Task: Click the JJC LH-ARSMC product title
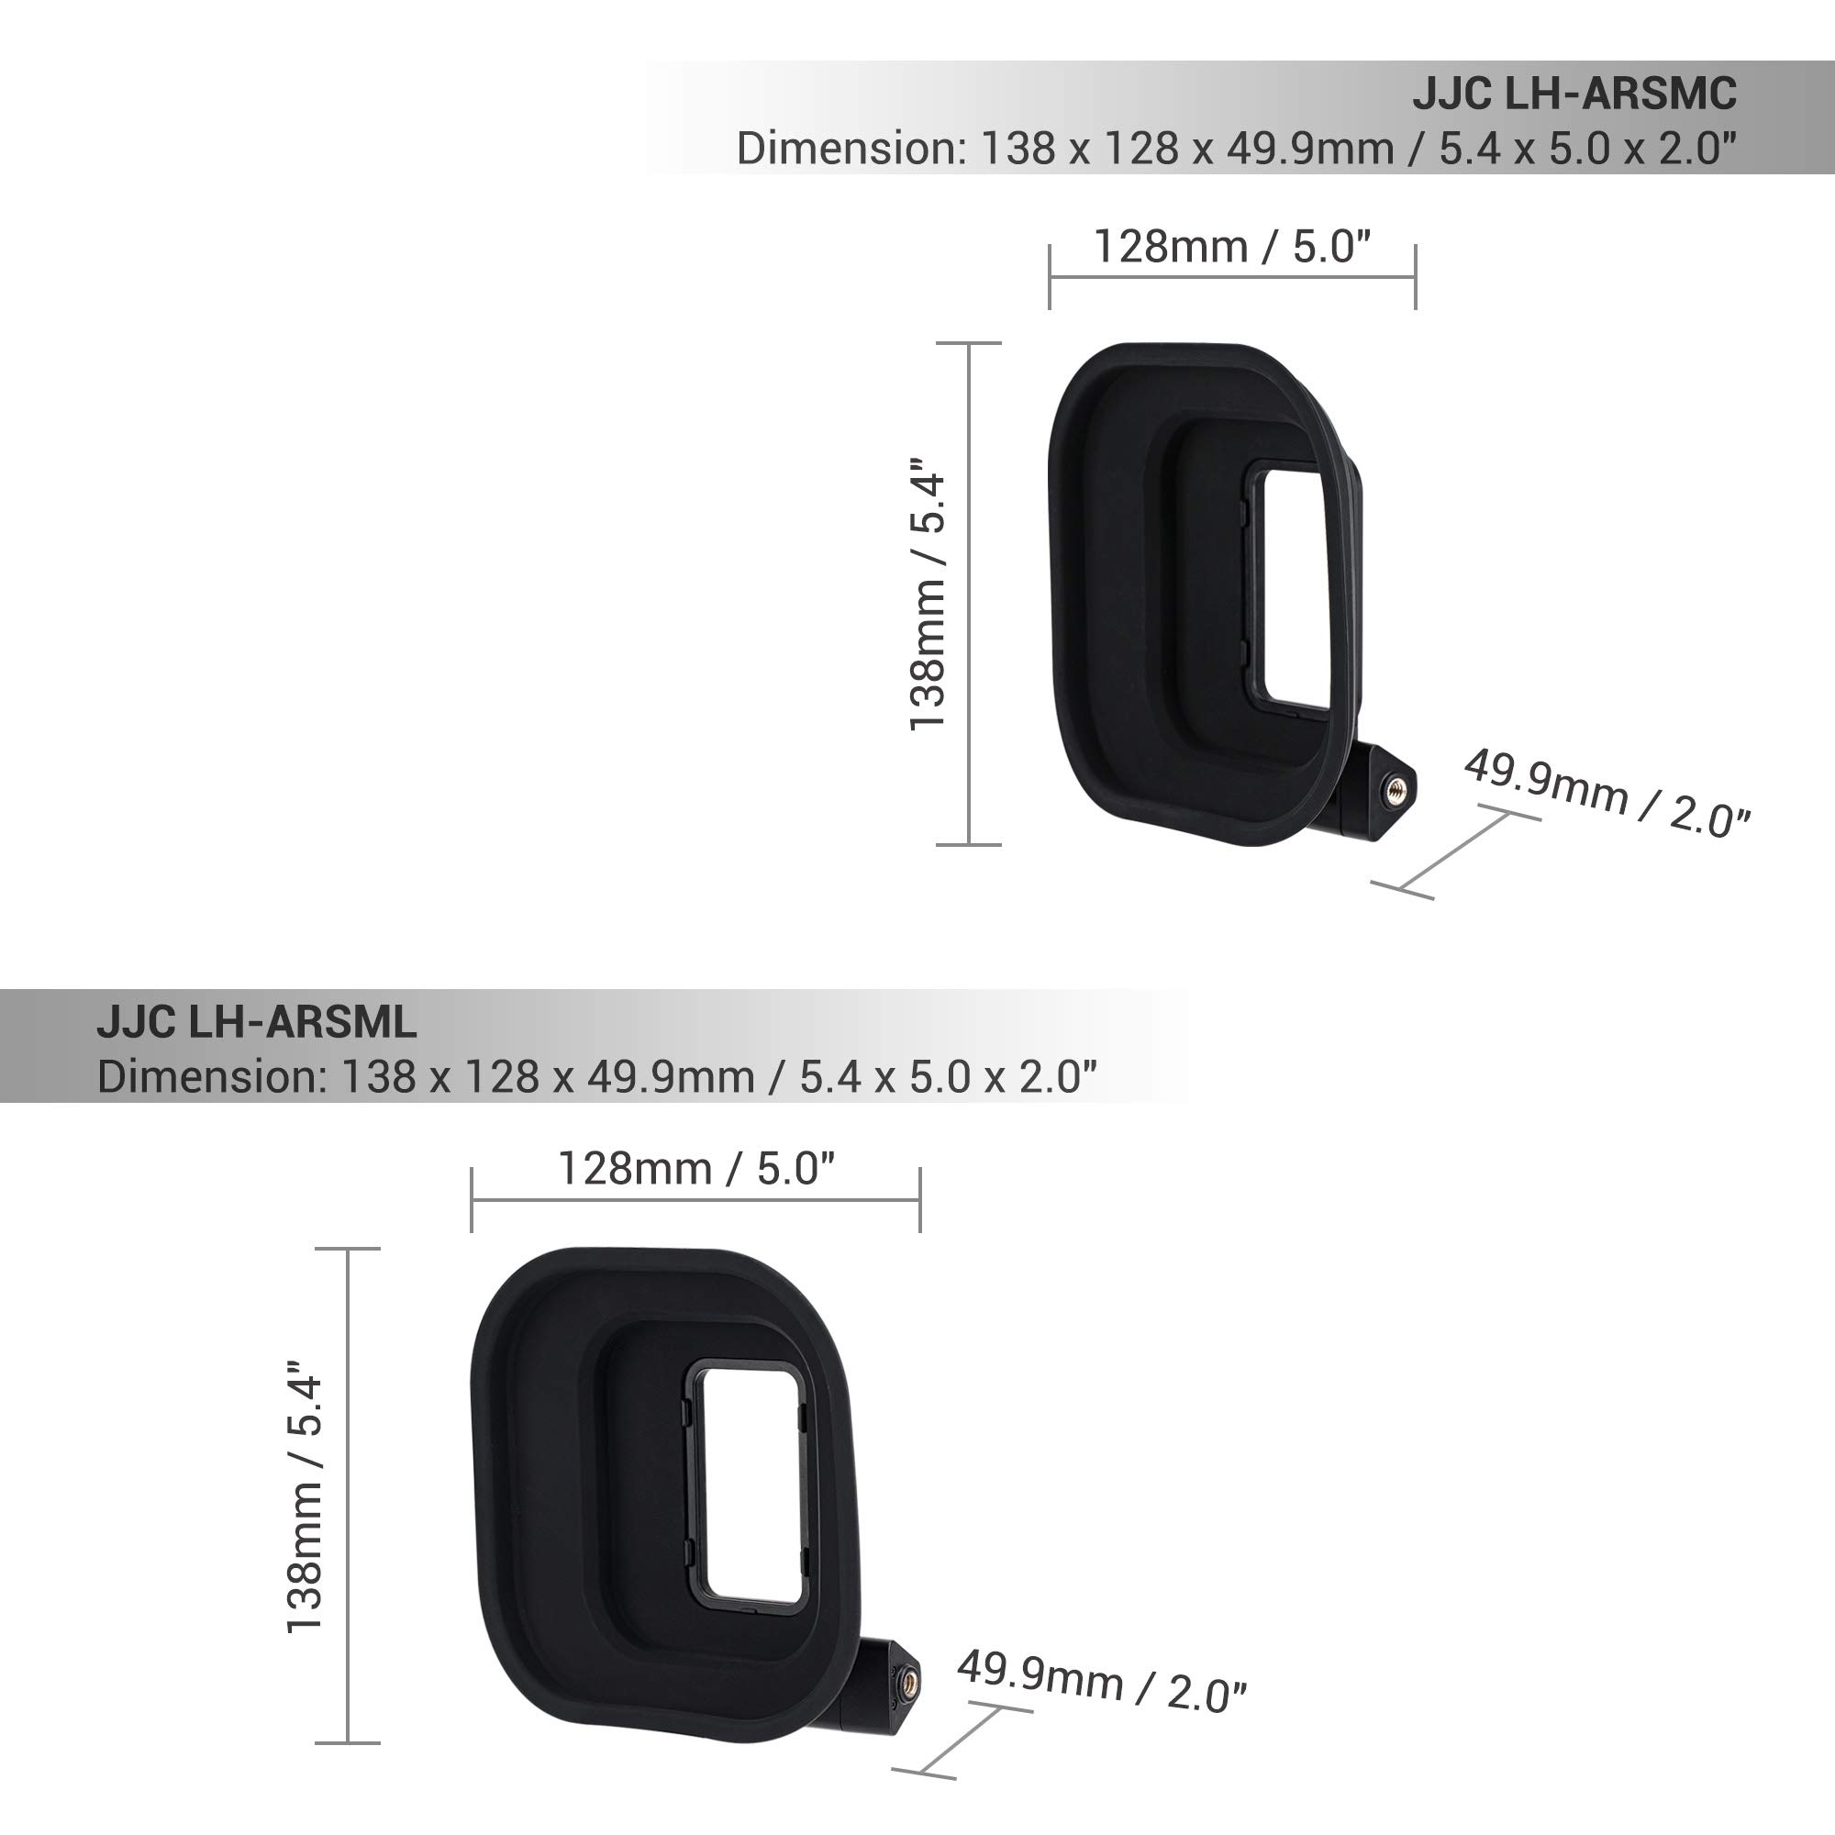(1574, 93)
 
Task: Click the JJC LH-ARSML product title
(257, 1022)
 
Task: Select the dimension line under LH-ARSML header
(596, 1077)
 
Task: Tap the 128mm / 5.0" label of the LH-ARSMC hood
(1232, 246)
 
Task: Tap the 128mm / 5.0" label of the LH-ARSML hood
(695, 1168)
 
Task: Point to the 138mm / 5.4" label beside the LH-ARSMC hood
(928, 594)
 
